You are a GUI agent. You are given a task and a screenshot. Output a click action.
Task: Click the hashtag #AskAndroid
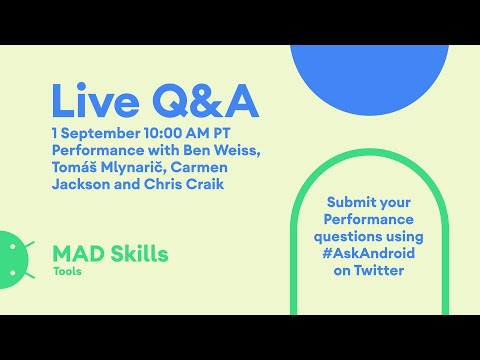(x=368, y=254)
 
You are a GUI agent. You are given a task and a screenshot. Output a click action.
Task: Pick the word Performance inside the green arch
(x=368, y=219)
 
